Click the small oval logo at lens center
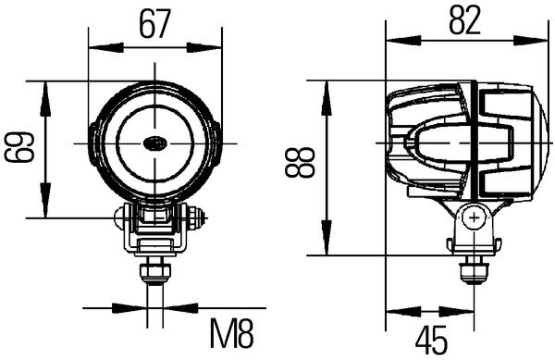154,143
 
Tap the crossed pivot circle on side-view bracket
475,218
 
